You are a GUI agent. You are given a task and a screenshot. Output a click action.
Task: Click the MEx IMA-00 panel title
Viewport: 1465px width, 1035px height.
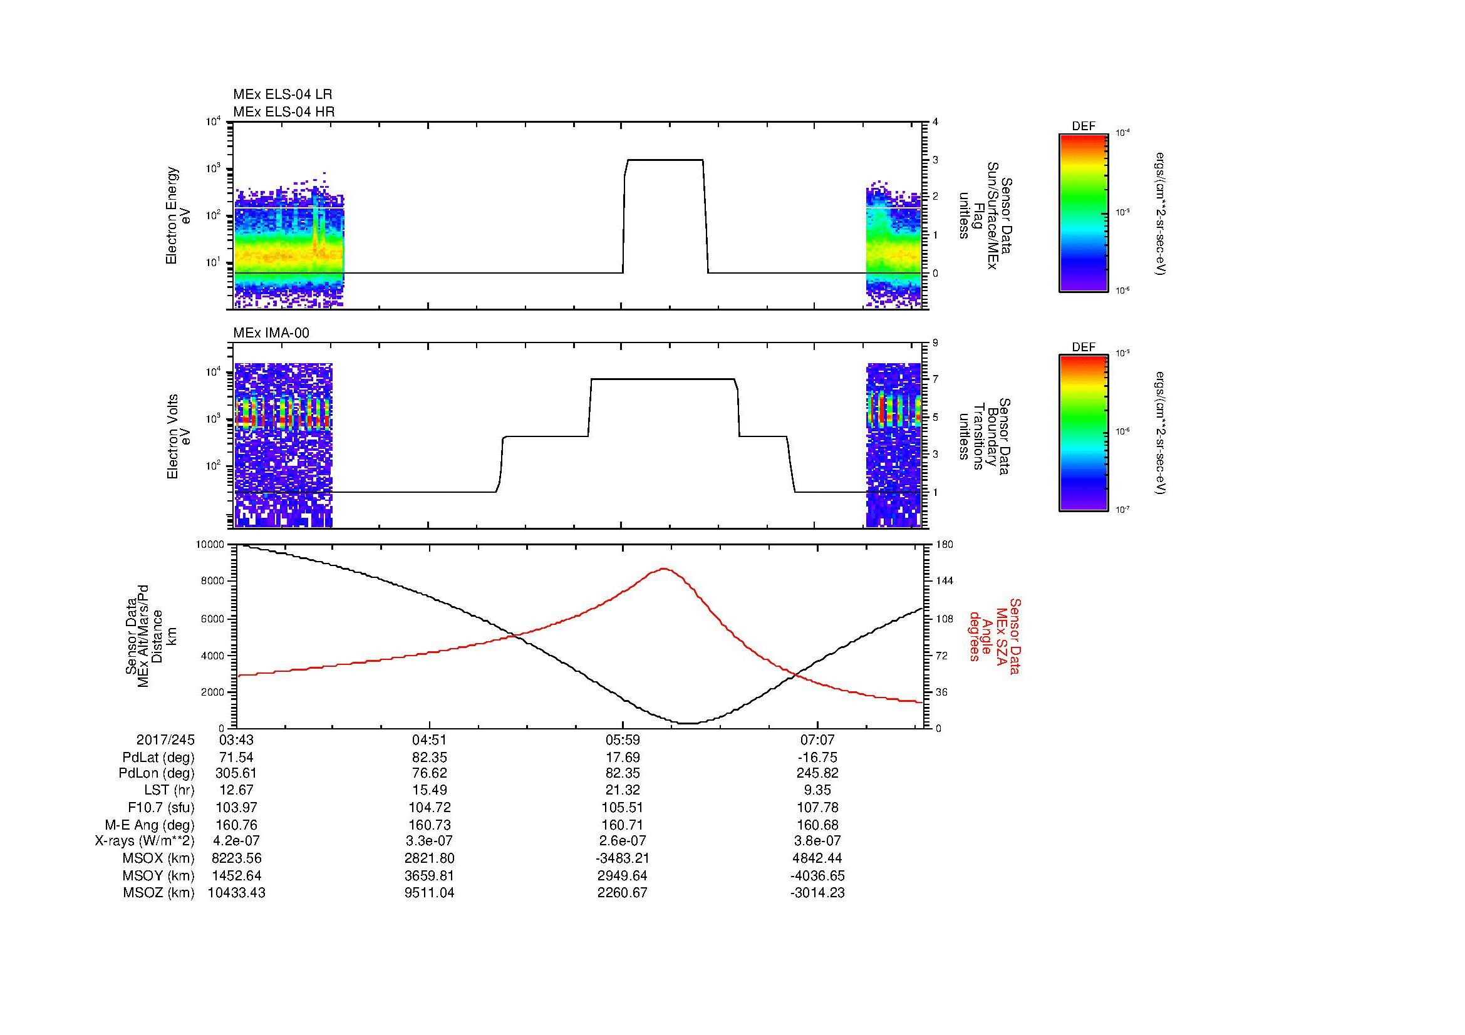click(x=271, y=333)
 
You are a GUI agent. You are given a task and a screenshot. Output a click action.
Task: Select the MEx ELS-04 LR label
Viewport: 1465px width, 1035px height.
click(x=282, y=95)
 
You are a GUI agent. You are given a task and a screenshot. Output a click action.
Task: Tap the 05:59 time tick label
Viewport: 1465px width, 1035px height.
click(x=622, y=740)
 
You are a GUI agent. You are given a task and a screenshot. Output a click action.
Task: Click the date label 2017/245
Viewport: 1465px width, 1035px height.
click(x=165, y=740)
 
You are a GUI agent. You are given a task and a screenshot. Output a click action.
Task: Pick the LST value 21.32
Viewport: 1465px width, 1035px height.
click(x=622, y=791)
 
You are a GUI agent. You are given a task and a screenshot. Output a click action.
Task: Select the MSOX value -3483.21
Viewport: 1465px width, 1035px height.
click(x=622, y=858)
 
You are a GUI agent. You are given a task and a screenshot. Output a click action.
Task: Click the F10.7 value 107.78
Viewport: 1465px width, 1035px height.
click(x=817, y=807)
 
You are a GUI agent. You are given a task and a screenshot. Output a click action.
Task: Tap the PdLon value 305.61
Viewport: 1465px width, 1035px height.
click(x=237, y=773)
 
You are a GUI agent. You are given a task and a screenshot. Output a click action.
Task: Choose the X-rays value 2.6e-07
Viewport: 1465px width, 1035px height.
click(x=622, y=841)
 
